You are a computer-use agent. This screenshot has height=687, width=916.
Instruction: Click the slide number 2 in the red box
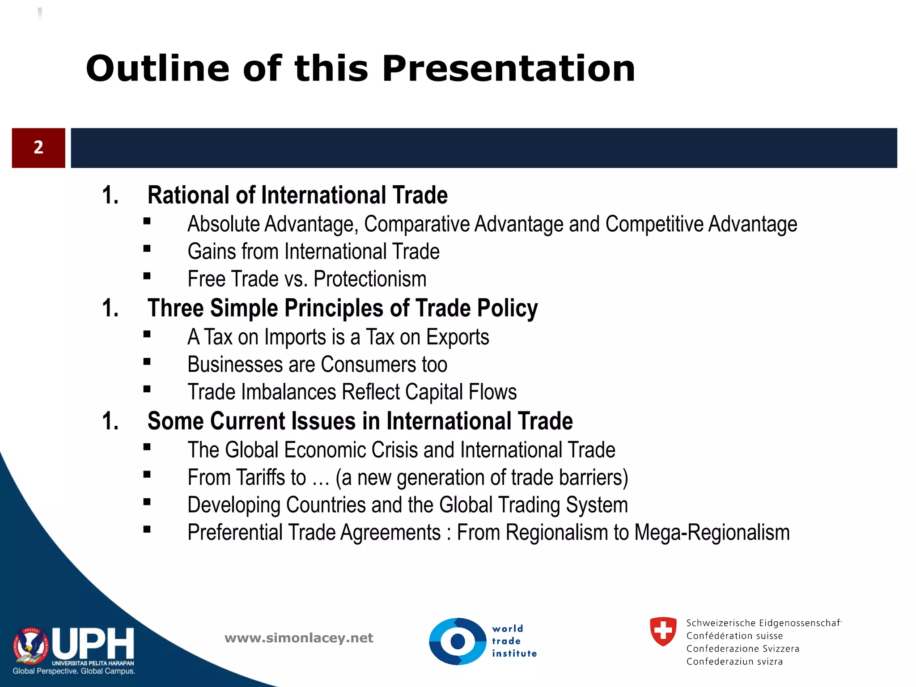point(38,148)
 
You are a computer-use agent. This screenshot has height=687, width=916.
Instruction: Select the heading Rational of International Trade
point(297,195)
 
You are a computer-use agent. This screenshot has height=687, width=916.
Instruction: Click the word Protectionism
point(370,279)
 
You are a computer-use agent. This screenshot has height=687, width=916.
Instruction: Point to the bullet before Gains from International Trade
point(147,249)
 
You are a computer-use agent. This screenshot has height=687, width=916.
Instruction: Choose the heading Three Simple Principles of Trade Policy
point(343,309)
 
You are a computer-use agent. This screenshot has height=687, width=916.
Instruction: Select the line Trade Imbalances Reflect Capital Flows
point(352,392)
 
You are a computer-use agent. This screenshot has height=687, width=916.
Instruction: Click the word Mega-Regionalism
point(712,533)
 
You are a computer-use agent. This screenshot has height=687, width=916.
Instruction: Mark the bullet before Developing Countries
point(147,502)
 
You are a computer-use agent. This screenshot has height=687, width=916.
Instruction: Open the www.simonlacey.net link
point(299,638)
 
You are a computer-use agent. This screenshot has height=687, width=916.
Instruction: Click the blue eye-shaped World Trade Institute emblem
point(457,641)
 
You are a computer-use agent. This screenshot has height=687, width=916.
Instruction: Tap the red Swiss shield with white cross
point(663,631)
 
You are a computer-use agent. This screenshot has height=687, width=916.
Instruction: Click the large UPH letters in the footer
point(93,644)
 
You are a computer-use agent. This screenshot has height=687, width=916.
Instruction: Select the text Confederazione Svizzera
point(742,649)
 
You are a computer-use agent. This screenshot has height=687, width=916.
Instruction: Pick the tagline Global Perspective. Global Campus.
point(74,671)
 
